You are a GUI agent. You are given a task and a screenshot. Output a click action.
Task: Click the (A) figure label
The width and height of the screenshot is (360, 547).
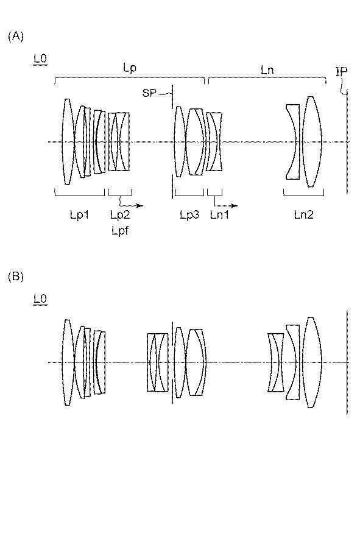point(16,37)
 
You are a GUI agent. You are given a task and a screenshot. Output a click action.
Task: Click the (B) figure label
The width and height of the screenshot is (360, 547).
point(16,277)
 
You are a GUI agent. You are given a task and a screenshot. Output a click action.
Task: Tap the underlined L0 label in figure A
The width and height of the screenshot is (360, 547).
point(40,58)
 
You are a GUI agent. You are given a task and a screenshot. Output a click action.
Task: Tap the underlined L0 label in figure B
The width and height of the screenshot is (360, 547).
point(40,299)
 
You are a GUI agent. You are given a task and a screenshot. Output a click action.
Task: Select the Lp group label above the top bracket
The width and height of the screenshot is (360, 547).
point(130,68)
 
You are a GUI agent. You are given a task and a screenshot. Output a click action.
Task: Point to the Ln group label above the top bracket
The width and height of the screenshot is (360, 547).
point(267,70)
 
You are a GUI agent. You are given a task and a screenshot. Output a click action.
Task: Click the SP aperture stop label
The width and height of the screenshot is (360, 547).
point(149,93)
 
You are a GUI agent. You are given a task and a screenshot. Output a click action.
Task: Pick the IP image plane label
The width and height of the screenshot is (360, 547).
point(341,72)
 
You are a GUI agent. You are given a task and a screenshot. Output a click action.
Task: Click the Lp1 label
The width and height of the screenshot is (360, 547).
point(80,215)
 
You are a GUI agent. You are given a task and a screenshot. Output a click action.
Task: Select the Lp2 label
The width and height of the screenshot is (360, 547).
point(120,215)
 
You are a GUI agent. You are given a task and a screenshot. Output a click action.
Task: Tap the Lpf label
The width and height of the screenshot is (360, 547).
point(120,231)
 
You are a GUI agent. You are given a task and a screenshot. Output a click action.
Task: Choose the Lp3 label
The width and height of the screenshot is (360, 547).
point(190,215)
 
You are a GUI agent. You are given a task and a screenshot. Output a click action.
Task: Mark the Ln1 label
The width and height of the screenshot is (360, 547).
point(219,215)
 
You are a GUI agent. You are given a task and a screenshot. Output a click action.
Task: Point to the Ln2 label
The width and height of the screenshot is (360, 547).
point(303,215)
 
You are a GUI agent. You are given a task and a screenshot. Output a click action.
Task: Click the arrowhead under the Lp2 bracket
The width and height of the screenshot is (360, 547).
point(139,205)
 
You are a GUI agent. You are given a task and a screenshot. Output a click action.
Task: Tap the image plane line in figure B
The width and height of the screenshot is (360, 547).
point(347,362)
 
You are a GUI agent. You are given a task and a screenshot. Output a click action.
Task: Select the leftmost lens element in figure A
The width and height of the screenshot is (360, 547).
point(68,142)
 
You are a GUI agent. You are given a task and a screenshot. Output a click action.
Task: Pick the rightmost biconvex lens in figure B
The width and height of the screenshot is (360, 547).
point(311,362)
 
